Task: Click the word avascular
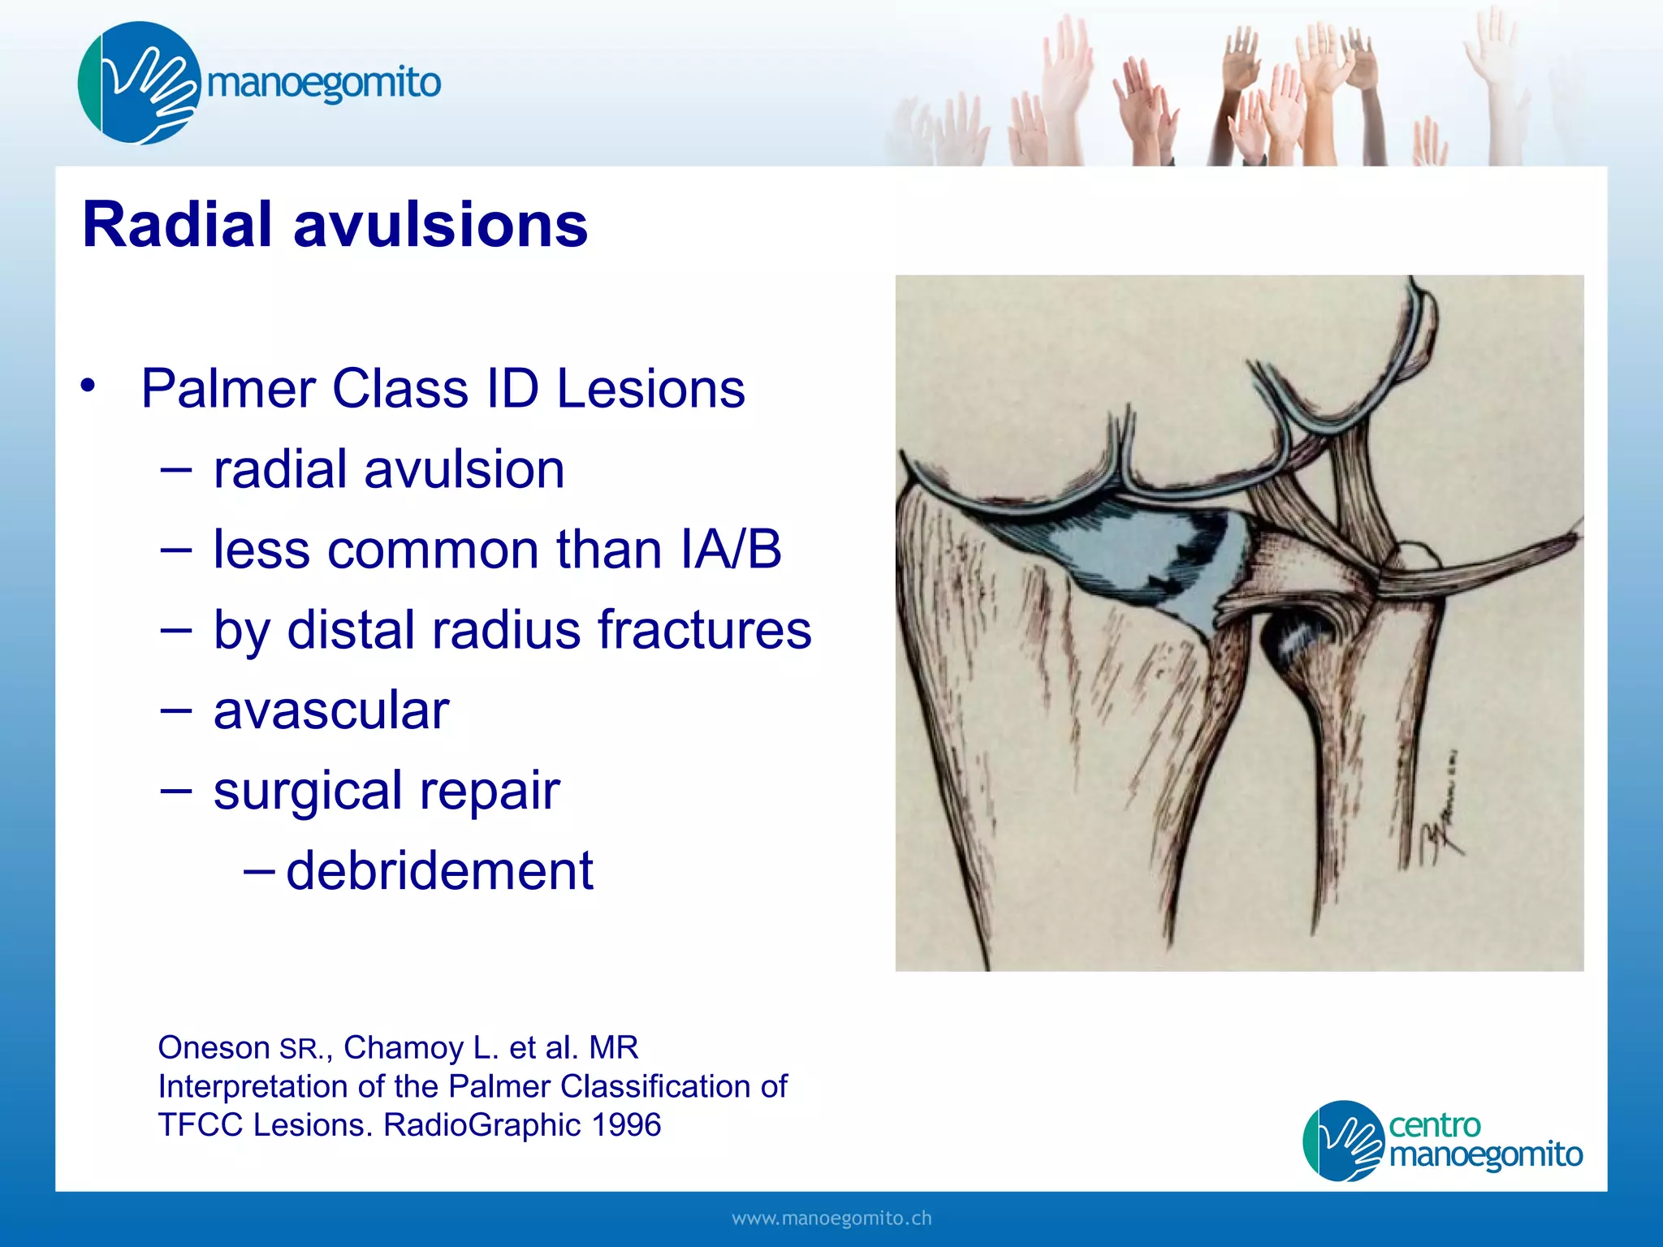click(x=330, y=710)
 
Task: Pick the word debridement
click(x=439, y=870)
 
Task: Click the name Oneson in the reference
click(x=214, y=1047)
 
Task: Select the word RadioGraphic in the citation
click(x=482, y=1124)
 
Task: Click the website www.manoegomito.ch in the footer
click(x=831, y=1218)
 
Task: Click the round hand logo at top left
click(x=138, y=83)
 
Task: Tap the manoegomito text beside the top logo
click(x=323, y=83)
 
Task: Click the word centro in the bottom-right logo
click(x=1434, y=1125)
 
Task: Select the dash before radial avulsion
click(x=175, y=468)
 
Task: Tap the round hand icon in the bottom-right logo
click(x=1343, y=1140)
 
